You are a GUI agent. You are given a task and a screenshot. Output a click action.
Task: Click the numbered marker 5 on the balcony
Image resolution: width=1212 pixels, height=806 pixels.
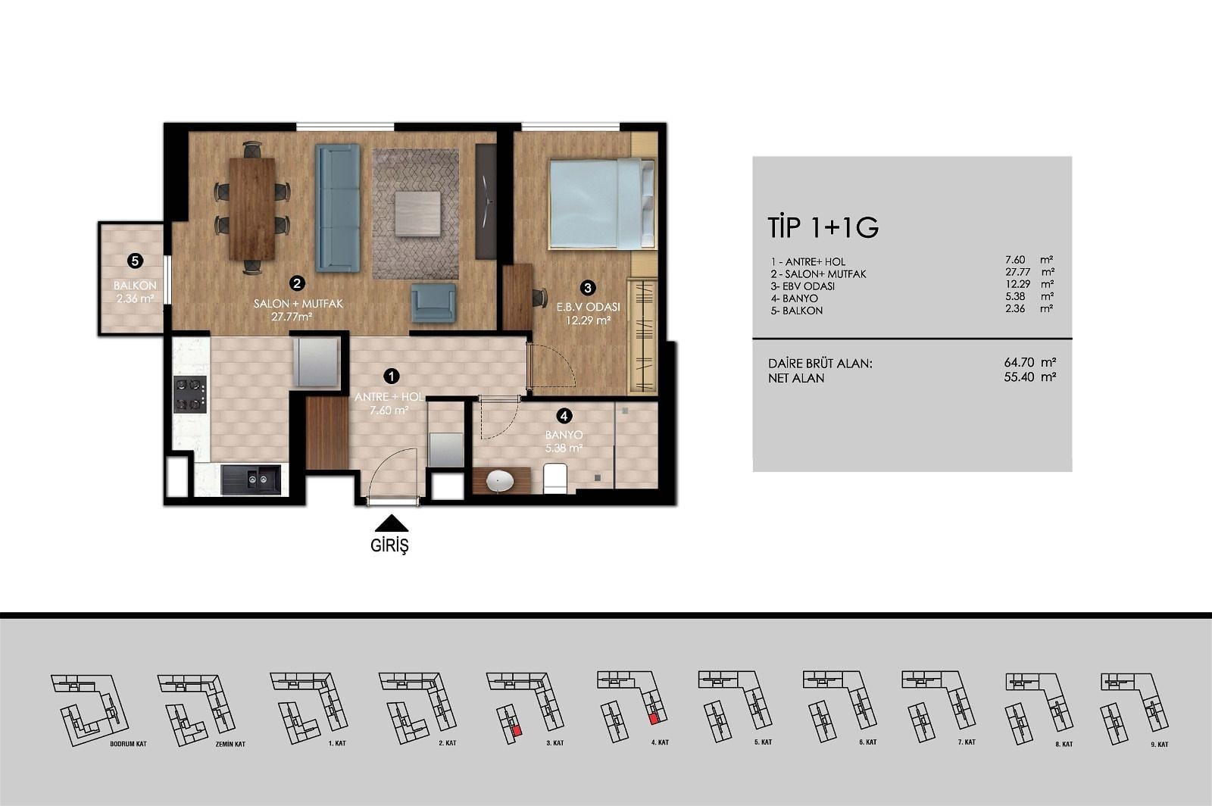135,261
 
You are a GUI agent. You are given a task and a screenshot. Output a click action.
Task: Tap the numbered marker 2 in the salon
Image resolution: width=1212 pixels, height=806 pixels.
296,283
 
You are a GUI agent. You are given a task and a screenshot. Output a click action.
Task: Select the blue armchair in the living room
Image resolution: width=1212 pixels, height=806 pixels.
433,303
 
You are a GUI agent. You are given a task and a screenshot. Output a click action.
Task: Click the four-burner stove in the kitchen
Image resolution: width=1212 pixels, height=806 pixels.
190,395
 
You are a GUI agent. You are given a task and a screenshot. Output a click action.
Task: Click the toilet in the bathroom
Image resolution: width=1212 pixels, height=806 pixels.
555,478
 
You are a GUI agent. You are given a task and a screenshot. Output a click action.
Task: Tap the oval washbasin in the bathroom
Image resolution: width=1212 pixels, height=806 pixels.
499,481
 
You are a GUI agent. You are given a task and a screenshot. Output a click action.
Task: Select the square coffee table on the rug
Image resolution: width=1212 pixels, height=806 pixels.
417,214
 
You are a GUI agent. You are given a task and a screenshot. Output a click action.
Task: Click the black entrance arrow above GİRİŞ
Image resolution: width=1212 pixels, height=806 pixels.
391,523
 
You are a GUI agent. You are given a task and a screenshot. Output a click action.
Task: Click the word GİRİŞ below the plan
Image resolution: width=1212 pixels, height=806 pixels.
389,546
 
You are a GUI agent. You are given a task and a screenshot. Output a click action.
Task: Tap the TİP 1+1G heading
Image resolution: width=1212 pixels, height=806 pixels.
823,228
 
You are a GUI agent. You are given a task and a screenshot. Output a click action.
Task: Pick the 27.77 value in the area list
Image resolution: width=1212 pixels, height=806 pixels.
1018,272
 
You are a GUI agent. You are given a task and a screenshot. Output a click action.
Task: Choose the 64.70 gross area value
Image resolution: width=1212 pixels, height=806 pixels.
1020,362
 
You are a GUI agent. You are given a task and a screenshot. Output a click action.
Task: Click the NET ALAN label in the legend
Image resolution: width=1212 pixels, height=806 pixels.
796,378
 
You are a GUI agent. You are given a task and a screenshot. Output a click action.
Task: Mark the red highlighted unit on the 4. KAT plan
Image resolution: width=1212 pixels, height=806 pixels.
654,719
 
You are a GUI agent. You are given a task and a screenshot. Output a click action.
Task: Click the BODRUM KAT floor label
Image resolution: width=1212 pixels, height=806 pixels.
128,744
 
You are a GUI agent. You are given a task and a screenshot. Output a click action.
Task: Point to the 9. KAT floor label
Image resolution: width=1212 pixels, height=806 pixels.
1160,745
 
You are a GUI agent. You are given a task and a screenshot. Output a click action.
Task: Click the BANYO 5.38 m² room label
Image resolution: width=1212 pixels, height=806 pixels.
564,442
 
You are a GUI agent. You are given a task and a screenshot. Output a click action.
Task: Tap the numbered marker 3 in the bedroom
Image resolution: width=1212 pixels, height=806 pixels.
588,288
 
